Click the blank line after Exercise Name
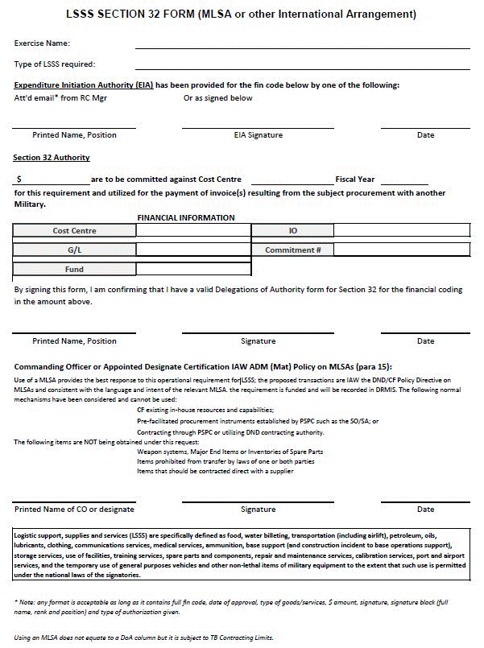(x=302, y=46)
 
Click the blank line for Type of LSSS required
(x=302, y=67)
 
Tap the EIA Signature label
(x=258, y=135)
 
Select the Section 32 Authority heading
(x=52, y=158)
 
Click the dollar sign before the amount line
(x=19, y=179)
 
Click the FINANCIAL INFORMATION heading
(x=186, y=217)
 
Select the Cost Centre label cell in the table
(x=74, y=231)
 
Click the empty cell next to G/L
(x=193, y=250)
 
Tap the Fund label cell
(x=74, y=270)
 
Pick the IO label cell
(x=293, y=231)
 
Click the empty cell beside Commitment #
(x=401, y=250)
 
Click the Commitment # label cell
(x=293, y=250)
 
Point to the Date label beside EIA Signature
(x=425, y=135)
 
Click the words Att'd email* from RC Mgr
(x=60, y=98)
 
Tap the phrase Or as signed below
(x=217, y=98)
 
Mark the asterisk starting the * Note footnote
(x=16, y=602)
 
